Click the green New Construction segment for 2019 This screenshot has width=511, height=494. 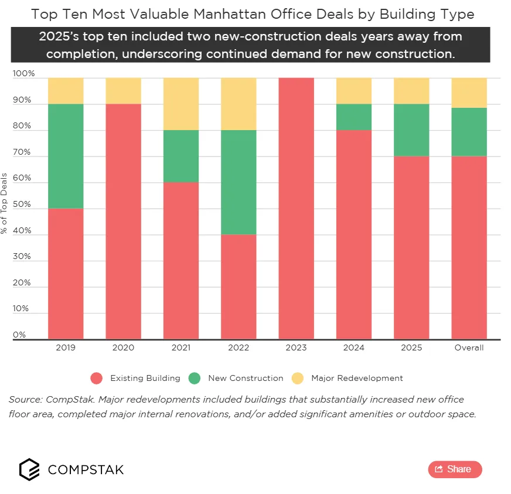pos(65,156)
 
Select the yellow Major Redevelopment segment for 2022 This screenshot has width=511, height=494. pos(239,104)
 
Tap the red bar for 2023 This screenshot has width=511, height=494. pos(296,208)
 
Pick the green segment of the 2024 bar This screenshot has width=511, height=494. pos(354,117)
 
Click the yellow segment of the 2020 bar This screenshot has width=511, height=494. pos(123,91)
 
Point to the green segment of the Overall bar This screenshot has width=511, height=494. pos(469,132)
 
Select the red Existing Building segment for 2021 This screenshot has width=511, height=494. pos(180,260)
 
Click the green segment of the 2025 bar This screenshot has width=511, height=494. pos(411,130)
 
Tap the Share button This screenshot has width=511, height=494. pos(455,469)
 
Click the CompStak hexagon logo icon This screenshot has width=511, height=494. pos(30,469)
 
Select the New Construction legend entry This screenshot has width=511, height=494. pos(236,378)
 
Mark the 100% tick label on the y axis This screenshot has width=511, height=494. pos(23,74)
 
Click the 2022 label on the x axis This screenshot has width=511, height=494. pos(239,347)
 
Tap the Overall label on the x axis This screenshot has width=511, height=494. pos(469,347)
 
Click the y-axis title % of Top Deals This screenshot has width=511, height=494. pos(5,203)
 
